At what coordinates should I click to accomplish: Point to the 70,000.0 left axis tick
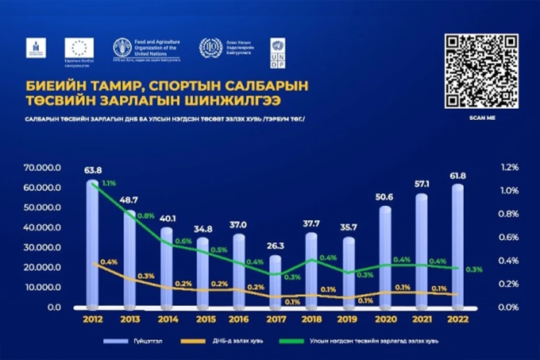(x=42, y=168)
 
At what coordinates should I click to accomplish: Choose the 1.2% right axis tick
(x=508, y=168)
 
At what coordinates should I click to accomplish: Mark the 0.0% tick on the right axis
(x=508, y=308)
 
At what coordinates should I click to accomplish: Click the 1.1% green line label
(x=109, y=184)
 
